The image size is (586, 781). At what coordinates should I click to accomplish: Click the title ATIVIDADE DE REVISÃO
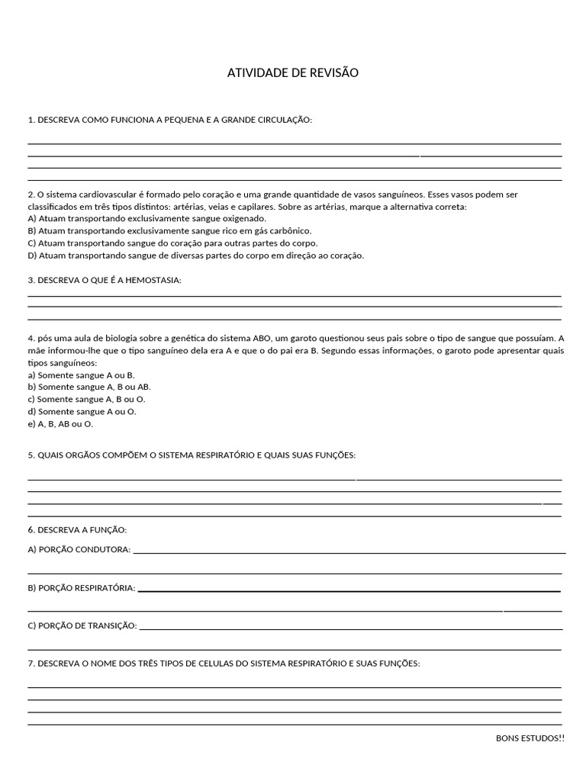coord(293,73)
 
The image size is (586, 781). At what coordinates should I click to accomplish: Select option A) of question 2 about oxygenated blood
coord(146,218)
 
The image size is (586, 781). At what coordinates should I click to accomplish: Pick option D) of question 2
coord(195,256)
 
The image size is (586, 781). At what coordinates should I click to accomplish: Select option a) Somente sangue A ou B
coord(81,375)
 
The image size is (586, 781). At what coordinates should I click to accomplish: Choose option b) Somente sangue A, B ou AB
coord(89,387)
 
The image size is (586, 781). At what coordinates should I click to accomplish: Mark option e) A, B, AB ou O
coord(60,423)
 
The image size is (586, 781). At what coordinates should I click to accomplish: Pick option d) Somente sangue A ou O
coord(82,411)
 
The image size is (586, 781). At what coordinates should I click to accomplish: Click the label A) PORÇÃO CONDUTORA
coord(79,549)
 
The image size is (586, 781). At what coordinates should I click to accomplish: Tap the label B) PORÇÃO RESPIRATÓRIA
coord(82,587)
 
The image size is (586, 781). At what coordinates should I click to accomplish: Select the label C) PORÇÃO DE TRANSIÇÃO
coord(82,625)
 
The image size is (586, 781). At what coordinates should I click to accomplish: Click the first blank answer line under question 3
coord(295,295)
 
